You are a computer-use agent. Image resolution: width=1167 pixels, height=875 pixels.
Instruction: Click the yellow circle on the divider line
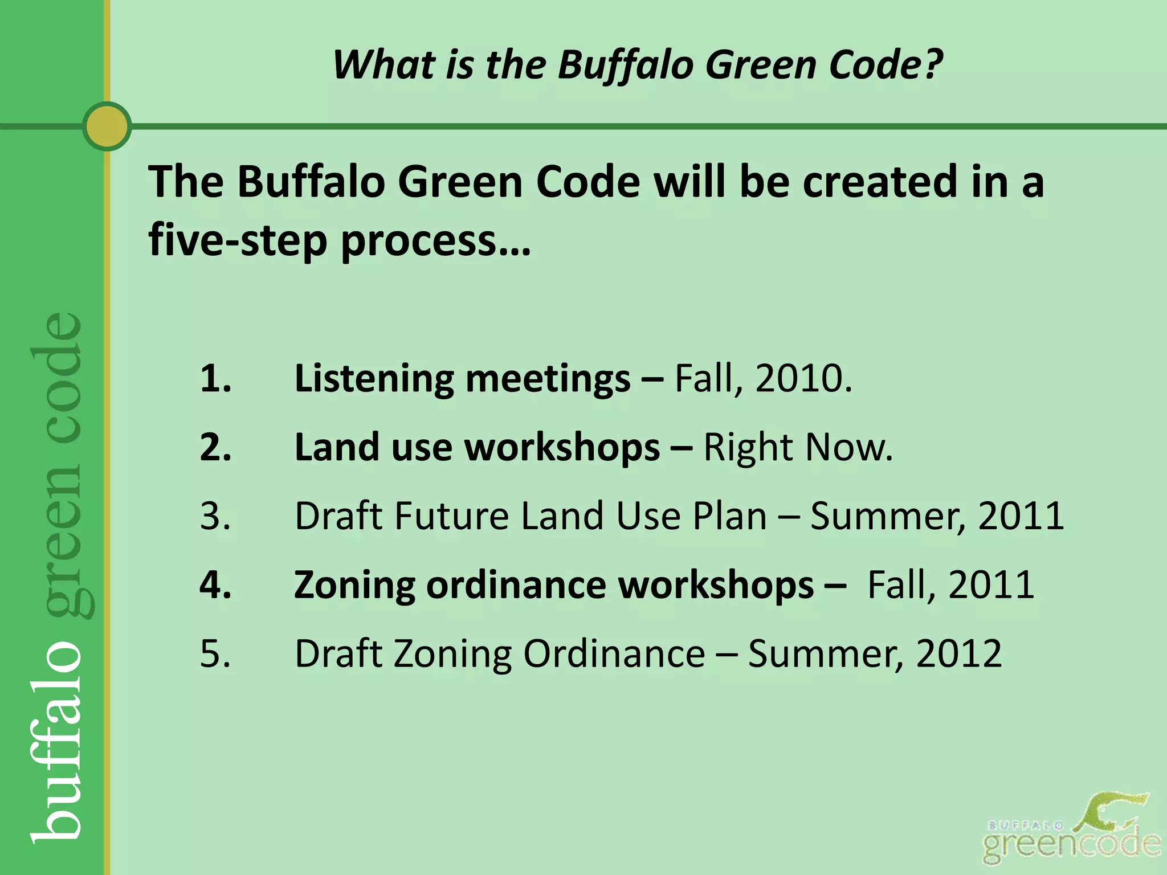(107, 126)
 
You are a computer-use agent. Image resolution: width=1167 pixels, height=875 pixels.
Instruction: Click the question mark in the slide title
(932, 64)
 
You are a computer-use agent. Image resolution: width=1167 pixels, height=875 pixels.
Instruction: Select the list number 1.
(215, 378)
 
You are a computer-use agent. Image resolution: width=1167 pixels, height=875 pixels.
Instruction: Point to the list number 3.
(215, 516)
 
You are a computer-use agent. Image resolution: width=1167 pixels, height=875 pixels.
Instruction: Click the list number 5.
(215, 654)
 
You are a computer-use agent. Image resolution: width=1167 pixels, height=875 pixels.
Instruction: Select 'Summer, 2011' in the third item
(936, 516)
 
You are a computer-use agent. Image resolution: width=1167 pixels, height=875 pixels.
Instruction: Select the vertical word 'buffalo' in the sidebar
(57, 743)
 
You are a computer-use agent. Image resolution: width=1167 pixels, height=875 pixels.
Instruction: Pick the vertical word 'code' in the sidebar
(57, 379)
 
